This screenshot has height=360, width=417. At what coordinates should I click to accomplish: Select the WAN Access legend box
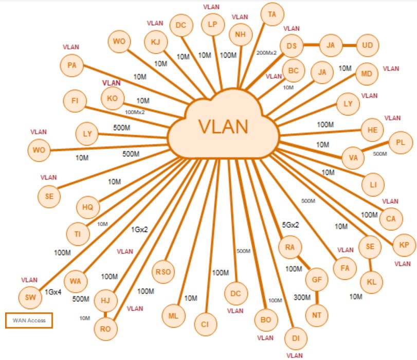(29, 320)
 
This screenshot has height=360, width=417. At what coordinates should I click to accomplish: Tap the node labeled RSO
(164, 272)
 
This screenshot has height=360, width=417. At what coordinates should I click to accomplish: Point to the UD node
(367, 45)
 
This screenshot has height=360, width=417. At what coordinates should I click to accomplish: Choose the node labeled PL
(401, 142)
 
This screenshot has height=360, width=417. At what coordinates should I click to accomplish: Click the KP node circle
(404, 245)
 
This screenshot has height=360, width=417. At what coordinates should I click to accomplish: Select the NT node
(317, 313)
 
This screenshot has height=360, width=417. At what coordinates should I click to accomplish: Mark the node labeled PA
(71, 65)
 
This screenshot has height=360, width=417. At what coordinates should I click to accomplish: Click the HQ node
(87, 207)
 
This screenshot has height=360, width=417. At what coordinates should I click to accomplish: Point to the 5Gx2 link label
(291, 225)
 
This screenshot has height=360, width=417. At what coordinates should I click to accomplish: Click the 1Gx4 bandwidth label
(53, 292)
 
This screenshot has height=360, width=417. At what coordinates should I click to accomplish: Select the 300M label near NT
(302, 297)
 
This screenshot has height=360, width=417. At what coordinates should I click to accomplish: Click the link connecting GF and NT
(317, 297)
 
